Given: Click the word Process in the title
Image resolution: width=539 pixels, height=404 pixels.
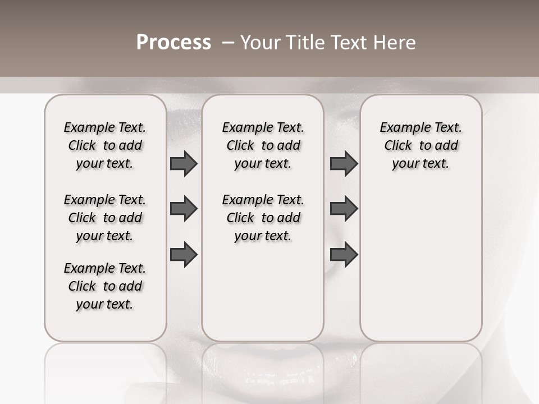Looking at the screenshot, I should (173, 43).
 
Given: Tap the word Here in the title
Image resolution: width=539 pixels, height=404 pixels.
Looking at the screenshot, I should (394, 43).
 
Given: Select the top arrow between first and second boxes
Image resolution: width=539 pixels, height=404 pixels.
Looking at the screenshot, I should (184, 163).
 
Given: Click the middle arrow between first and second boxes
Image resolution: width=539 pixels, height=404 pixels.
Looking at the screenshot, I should (184, 209).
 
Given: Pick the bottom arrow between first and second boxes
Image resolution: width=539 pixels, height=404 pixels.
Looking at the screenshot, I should (184, 254).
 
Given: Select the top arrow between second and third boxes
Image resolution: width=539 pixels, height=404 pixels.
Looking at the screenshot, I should (344, 163).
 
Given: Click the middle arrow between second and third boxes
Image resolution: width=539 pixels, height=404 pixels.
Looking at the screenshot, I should (344, 209).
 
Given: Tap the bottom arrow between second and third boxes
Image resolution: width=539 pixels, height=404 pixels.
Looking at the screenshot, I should (344, 254).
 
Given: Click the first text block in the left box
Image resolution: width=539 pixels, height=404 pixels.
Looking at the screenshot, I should (105, 145).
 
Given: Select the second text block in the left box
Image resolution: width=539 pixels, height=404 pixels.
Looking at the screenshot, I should (105, 218).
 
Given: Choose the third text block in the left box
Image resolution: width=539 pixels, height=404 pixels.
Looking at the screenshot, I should (105, 286).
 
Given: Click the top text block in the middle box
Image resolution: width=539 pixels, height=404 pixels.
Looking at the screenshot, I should (263, 145).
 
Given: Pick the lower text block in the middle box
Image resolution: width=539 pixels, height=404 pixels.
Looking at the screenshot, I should (263, 218).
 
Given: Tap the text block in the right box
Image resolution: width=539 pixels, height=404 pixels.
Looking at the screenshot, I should (421, 145).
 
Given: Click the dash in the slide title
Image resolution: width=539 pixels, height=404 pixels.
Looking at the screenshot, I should (228, 43).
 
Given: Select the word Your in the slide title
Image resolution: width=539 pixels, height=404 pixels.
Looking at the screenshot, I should (260, 43).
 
